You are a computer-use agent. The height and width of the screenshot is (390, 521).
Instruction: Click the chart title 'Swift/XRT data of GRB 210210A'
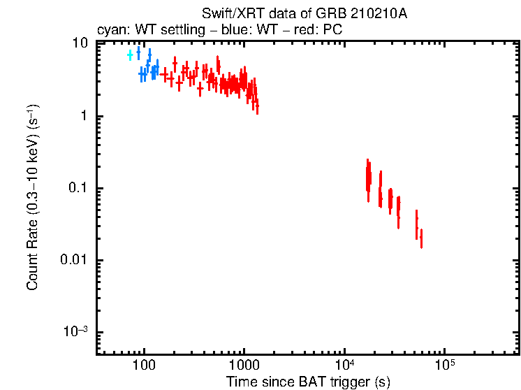(x=304, y=14)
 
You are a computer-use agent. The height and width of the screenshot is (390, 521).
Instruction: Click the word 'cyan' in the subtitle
(x=109, y=30)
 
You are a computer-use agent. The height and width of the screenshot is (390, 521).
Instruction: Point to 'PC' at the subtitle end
(x=332, y=30)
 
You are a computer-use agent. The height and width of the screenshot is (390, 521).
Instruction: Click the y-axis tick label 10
(x=80, y=43)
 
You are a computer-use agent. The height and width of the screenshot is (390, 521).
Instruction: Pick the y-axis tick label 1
(x=84, y=116)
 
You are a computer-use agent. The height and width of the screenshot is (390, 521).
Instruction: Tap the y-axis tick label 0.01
(x=75, y=261)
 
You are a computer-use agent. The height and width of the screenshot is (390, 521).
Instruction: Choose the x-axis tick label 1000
(x=244, y=366)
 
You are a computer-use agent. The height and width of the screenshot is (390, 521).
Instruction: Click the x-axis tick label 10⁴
(x=344, y=364)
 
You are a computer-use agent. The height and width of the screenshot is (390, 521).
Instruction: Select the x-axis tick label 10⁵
(x=443, y=364)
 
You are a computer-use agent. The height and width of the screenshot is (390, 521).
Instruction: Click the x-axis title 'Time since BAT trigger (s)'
(x=307, y=382)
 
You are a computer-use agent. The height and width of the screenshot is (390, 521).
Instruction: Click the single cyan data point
(x=130, y=55)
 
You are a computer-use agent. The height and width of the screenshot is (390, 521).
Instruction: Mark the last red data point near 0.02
(x=421, y=238)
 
